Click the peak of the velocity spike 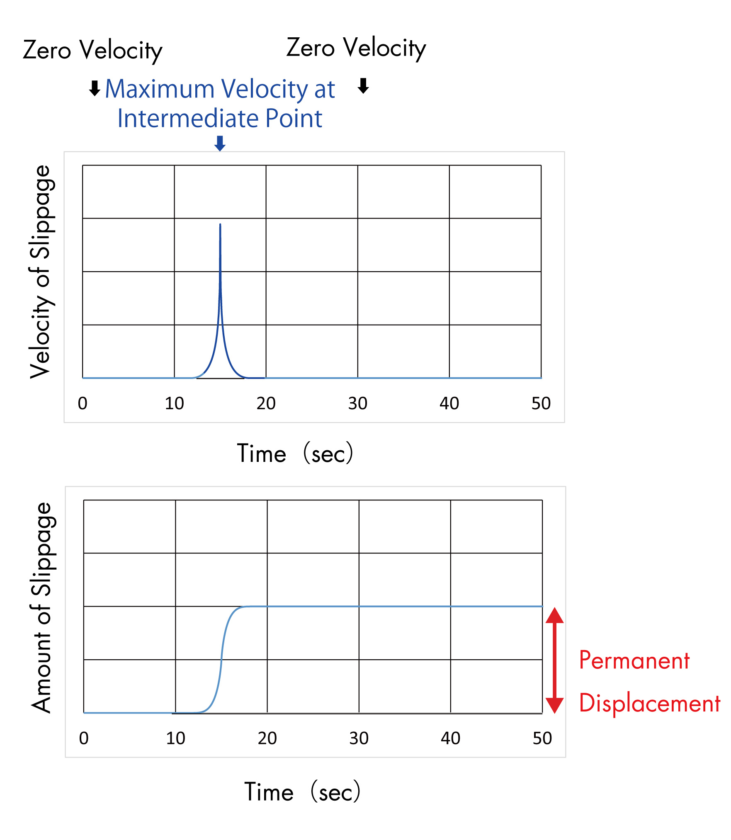220,225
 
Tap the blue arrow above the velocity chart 220,143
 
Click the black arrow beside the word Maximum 95,88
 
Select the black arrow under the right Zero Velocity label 363,86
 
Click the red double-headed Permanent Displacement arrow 554,660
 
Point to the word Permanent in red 634,660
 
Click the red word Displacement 649,703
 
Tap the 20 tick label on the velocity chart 266,403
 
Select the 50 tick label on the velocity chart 541,403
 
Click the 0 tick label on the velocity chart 83,403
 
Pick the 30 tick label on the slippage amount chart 359,738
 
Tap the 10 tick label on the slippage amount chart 175,738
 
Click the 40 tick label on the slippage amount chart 450,738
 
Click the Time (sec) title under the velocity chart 295,453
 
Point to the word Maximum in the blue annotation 160,89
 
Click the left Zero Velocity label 92,51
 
